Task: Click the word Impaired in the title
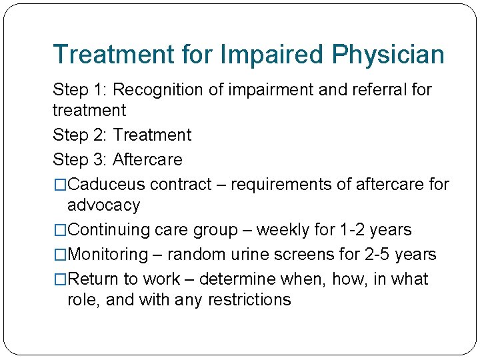pyautogui.click(x=267, y=54)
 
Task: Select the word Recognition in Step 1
pyautogui.click(x=164, y=89)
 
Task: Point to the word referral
pyautogui.click(x=373, y=89)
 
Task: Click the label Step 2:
pyautogui.click(x=80, y=135)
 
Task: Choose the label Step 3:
pyautogui.click(x=80, y=159)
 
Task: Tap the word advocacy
pyautogui.click(x=104, y=205)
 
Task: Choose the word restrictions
pyautogui.click(x=249, y=300)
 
